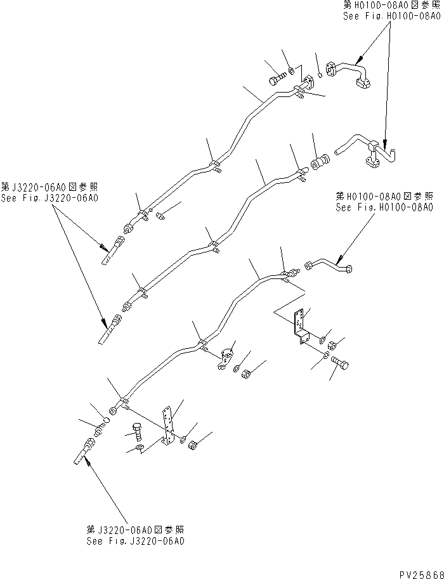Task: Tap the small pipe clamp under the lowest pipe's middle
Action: pyautogui.click(x=225, y=358)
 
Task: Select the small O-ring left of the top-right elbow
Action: pyautogui.click(x=321, y=77)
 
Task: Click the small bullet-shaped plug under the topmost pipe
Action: pyautogui.click(x=160, y=216)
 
